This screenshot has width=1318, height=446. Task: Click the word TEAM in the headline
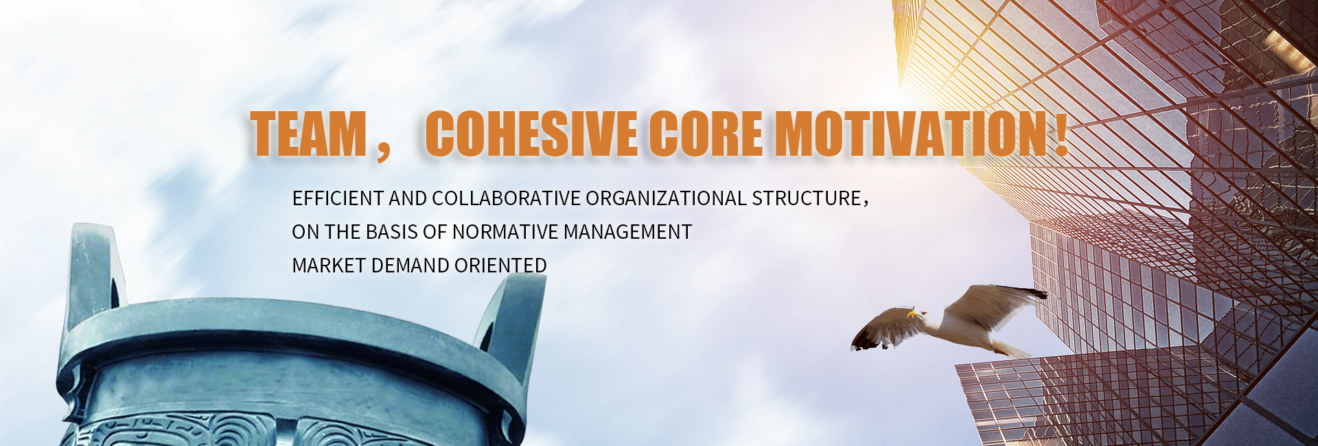(308, 133)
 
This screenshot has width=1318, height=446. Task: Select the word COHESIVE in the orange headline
(531, 133)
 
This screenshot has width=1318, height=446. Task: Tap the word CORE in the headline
(706, 133)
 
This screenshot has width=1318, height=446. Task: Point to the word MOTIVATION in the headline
(911, 133)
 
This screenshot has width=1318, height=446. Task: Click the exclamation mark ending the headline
(1061, 133)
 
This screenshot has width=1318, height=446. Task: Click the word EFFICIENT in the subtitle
(338, 198)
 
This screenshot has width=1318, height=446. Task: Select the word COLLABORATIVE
(506, 198)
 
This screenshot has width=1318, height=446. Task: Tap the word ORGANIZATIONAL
(666, 198)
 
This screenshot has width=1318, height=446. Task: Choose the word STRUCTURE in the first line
(807, 198)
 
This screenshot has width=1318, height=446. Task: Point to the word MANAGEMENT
(627, 232)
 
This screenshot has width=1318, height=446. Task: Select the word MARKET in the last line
(329, 266)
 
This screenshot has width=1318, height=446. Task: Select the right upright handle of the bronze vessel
(511, 316)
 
